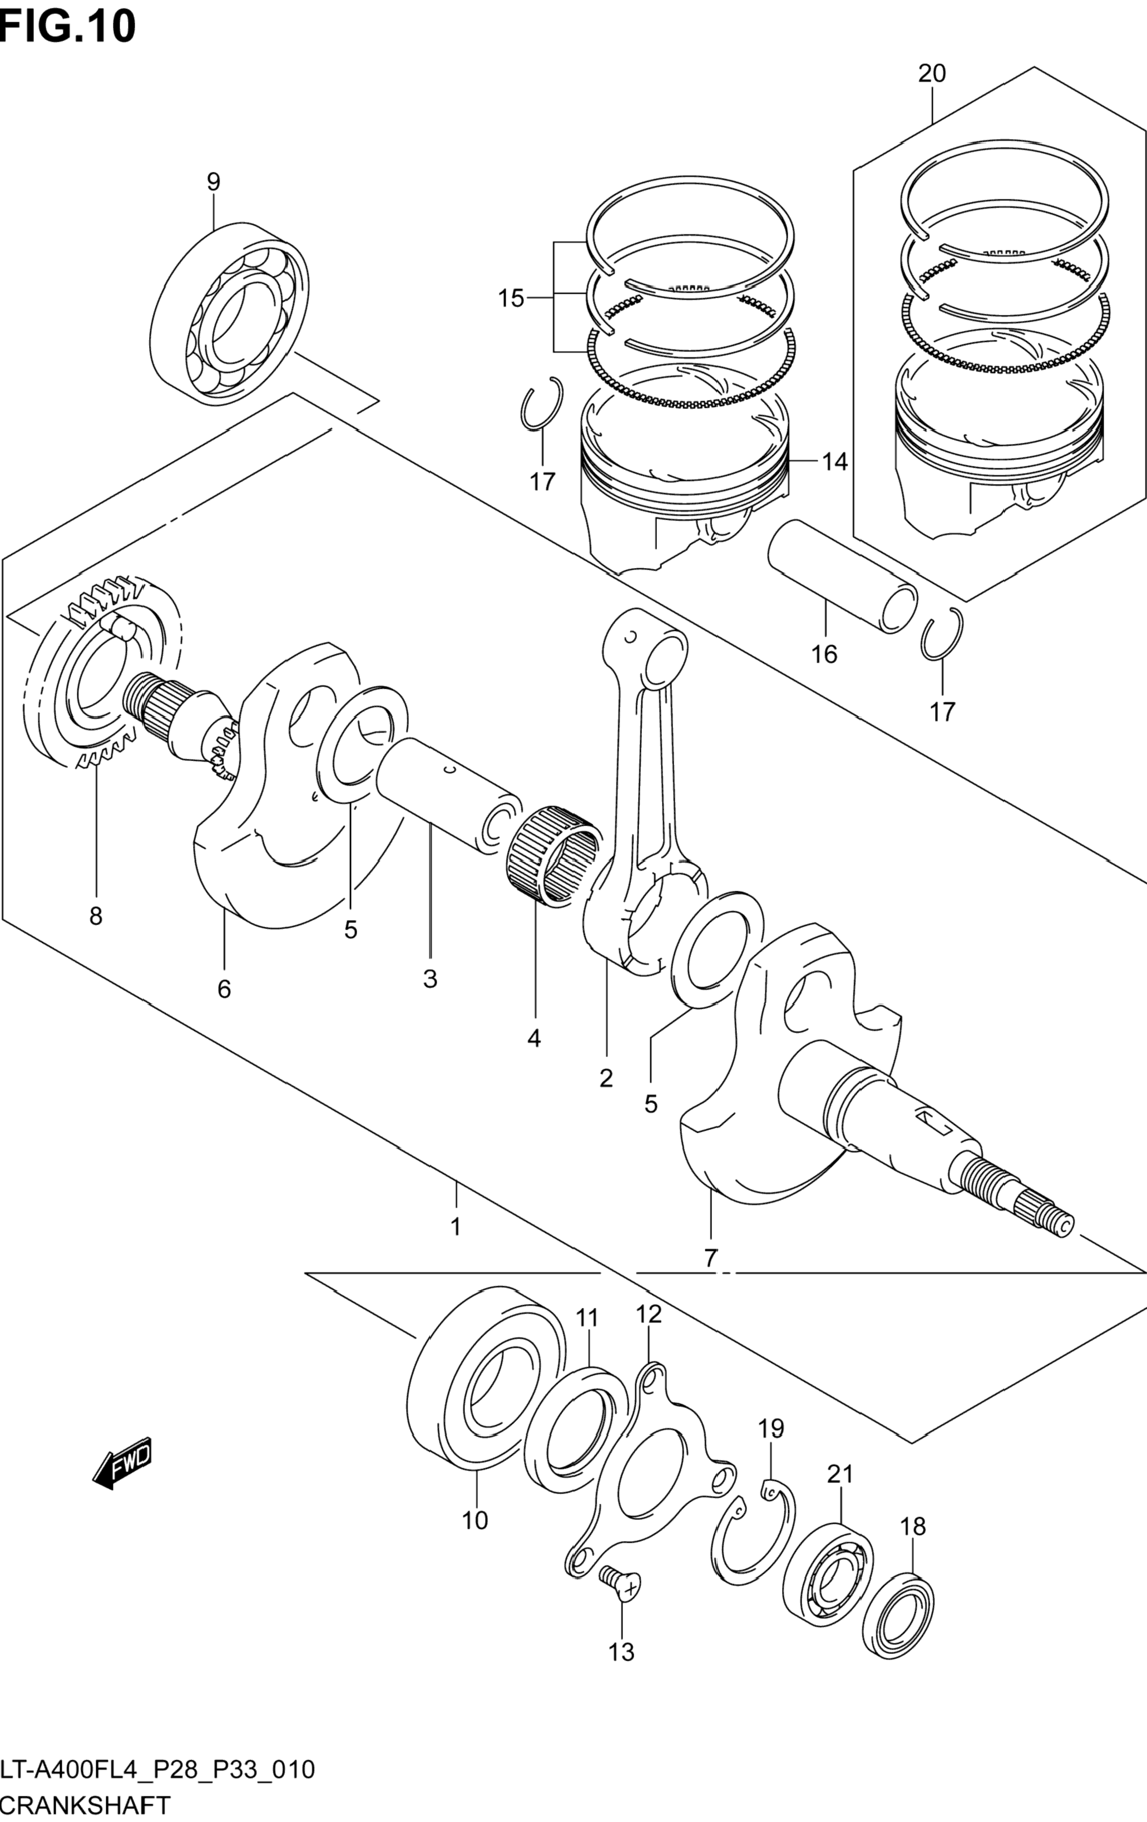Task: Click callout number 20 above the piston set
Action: tap(932, 74)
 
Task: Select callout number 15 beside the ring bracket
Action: tap(511, 299)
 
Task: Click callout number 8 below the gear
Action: tap(95, 916)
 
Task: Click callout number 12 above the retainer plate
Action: tap(649, 1314)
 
